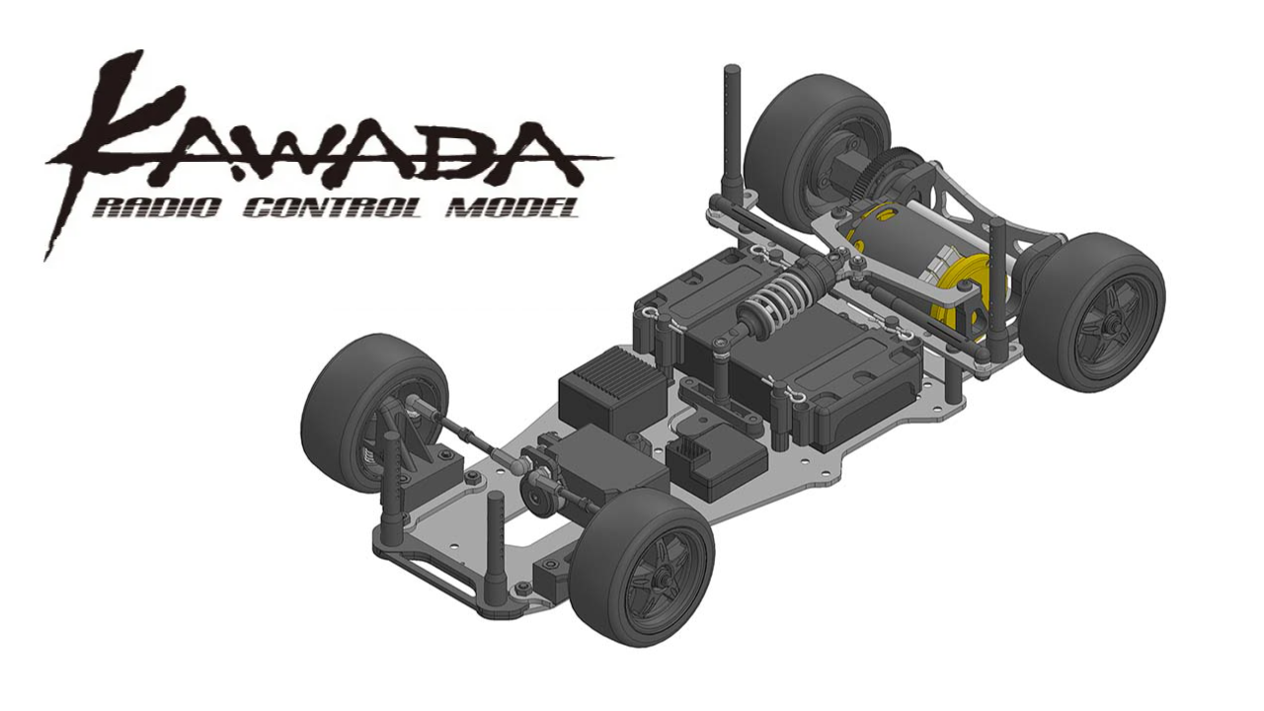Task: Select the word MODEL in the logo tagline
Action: [510, 209]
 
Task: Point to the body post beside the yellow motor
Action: [997, 286]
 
